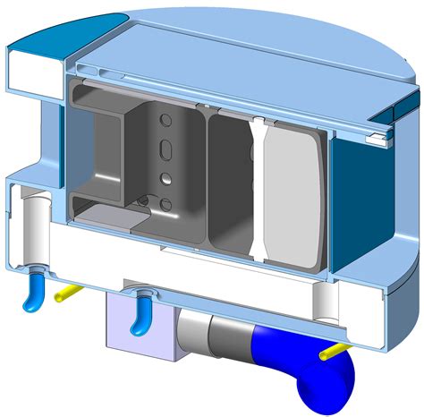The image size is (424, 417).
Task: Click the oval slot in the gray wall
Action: pos(164,149)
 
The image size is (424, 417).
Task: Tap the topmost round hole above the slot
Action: pos(163,120)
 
